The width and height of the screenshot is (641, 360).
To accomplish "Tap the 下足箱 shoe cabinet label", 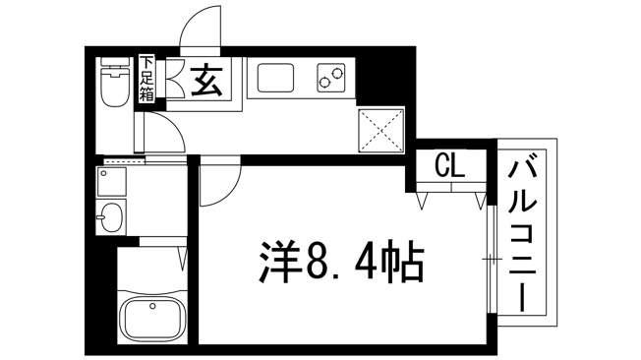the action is [x=146, y=79].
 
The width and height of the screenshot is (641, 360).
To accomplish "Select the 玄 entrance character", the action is [x=207, y=81].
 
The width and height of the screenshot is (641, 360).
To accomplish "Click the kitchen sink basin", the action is [x=274, y=78].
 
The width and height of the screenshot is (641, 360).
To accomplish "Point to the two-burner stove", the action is [x=330, y=78].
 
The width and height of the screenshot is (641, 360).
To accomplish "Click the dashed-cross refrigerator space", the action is [x=380, y=131].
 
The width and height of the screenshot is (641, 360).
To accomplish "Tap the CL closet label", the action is [x=449, y=165].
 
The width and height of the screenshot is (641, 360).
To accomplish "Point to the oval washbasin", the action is [x=111, y=217].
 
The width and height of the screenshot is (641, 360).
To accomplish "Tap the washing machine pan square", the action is [x=112, y=181].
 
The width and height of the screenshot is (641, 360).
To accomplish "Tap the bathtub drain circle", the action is [x=153, y=306].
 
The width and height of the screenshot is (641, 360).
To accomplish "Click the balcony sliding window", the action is [x=492, y=259].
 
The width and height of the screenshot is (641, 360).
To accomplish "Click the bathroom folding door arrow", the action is [x=183, y=259].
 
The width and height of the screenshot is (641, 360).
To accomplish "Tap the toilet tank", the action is [x=115, y=62].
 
